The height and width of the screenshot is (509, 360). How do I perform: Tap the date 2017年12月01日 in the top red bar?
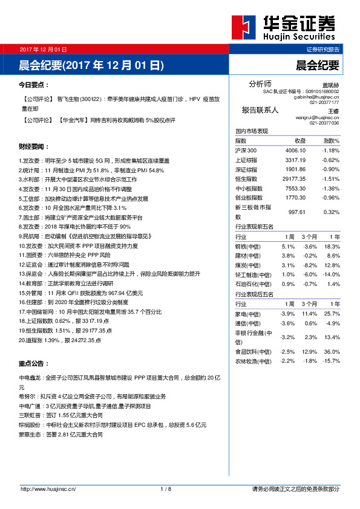(x=43, y=49)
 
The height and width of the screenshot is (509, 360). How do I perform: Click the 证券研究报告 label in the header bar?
(x=323, y=49)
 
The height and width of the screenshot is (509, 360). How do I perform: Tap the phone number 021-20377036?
(x=324, y=123)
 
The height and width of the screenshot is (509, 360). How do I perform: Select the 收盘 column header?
(x=300, y=140)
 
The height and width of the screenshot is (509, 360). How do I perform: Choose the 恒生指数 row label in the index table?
(x=246, y=178)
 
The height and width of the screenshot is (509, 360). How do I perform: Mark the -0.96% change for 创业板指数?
(x=330, y=197)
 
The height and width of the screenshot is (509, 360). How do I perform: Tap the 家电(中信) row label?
(x=249, y=313)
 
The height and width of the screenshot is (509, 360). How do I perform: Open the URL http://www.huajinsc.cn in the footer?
(x=48, y=488)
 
